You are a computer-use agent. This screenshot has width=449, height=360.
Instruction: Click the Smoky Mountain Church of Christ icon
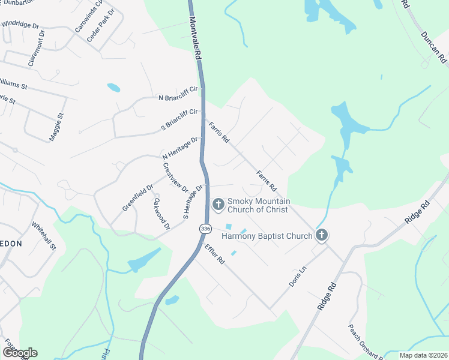(x=217, y=206)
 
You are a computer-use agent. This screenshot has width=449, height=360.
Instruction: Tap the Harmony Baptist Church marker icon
(x=322, y=236)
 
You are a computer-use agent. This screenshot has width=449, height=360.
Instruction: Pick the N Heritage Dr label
(x=179, y=148)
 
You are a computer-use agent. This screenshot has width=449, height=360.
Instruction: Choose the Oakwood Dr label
(x=161, y=214)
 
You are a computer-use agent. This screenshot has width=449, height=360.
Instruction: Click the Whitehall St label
(x=44, y=236)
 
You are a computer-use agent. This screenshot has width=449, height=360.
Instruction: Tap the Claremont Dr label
(x=36, y=48)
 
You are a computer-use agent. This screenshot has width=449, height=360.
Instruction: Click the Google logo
(x=20, y=353)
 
